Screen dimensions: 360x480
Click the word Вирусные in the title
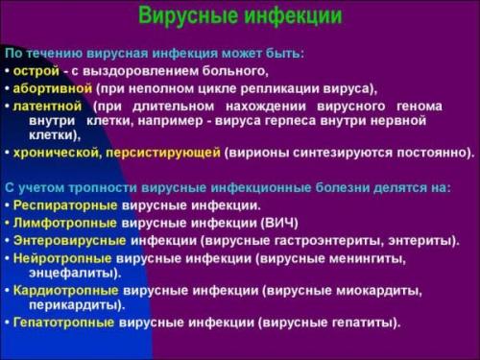click(x=186, y=17)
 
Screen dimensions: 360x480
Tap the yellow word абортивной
click(x=52, y=86)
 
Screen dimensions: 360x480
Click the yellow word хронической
click(x=50, y=153)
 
